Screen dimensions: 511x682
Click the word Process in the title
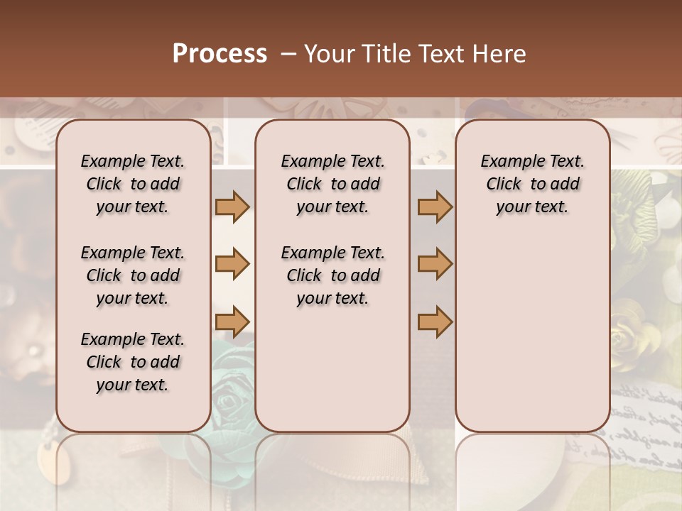click(x=220, y=54)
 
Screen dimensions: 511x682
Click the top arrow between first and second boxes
click(x=232, y=207)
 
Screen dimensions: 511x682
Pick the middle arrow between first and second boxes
click(x=232, y=264)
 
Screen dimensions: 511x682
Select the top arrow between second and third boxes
click(x=435, y=207)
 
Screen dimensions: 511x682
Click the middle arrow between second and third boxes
click(x=435, y=264)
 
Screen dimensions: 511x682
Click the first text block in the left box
click(x=133, y=184)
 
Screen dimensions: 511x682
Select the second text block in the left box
click(x=133, y=275)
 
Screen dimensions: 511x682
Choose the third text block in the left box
click(x=133, y=362)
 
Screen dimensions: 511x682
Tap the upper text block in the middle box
click(x=332, y=184)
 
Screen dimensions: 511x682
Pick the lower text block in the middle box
click(x=332, y=275)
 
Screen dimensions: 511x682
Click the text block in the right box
click(x=532, y=184)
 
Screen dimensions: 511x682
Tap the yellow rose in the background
click(x=634, y=334)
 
